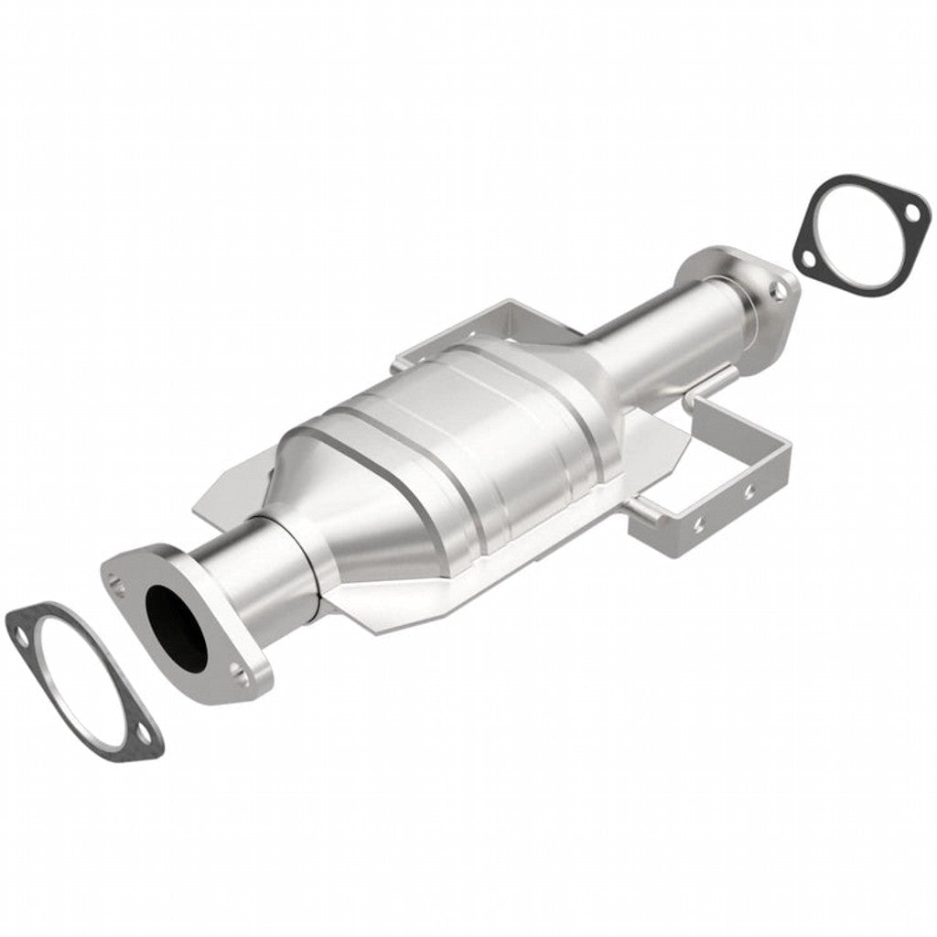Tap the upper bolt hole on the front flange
tap(113, 579)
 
